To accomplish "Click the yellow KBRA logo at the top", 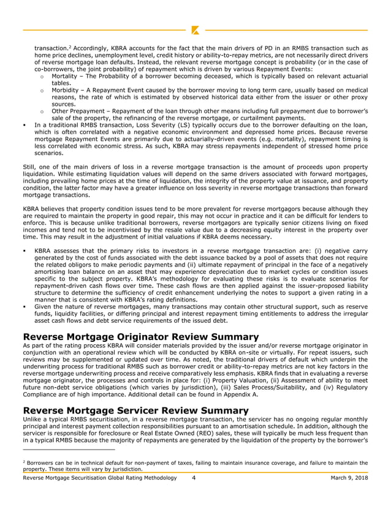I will click(195, 29).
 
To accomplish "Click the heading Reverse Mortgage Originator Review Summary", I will click(140, 337).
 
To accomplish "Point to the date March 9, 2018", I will click(349, 477).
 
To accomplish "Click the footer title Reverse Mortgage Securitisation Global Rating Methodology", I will click(99, 477).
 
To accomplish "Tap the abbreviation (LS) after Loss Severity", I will click(205, 125).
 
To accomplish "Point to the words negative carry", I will click(347, 251).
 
